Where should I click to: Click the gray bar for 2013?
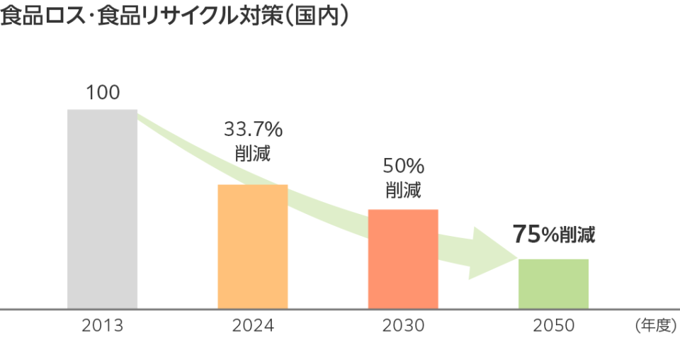coord(102,209)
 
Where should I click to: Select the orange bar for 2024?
coord(252,247)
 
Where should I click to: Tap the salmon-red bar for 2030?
coord(403,259)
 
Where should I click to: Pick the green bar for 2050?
coord(553,283)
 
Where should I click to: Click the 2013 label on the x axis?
coord(102,326)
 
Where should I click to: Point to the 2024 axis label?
coord(252,326)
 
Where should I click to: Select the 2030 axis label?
coord(403,326)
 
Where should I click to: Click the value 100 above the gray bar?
coord(102,92)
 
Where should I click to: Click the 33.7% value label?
coord(253,129)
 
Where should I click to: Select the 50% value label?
coord(403,167)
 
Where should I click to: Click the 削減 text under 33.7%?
coord(252,152)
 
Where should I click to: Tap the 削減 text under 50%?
coord(403,190)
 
